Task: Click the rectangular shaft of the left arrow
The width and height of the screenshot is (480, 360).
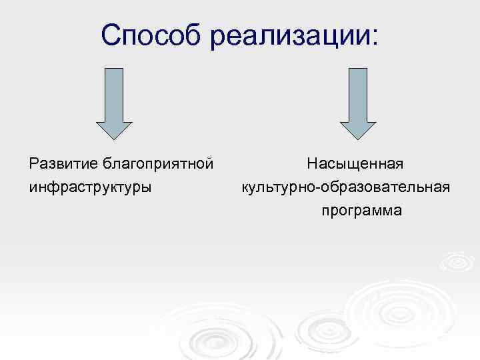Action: [x=115, y=93]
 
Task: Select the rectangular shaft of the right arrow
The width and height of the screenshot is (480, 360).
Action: [x=358, y=93]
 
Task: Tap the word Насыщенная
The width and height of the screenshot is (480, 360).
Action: [x=357, y=163]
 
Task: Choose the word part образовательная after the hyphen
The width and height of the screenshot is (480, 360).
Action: [x=385, y=187]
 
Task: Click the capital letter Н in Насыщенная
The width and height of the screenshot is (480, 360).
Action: [x=313, y=163]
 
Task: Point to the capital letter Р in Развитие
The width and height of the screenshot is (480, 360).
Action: [x=34, y=163]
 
